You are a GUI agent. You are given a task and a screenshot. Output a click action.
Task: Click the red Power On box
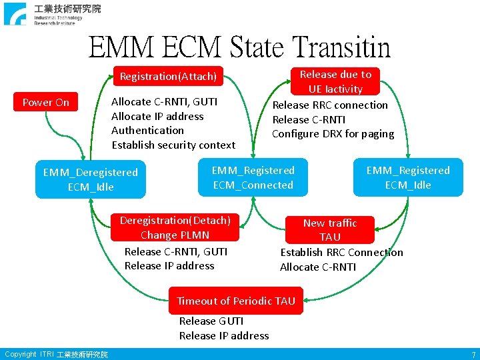(45, 103)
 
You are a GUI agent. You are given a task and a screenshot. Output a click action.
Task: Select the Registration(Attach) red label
(168, 77)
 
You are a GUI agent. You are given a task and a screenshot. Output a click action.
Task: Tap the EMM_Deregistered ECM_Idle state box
(90, 179)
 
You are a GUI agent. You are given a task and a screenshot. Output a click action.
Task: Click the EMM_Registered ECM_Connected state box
(253, 177)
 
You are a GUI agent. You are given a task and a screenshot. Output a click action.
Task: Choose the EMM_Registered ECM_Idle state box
(408, 177)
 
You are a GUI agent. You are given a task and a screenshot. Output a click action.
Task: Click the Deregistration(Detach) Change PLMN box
(175, 227)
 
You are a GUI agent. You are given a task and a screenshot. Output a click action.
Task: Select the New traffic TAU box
(330, 230)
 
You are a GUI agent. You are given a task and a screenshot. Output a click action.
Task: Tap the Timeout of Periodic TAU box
(236, 301)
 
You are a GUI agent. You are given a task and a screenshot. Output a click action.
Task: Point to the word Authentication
(147, 131)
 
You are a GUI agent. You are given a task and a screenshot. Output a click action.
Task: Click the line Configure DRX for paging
(333, 134)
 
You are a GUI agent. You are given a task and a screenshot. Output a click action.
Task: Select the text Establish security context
(173, 145)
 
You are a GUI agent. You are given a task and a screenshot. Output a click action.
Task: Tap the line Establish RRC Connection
(341, 253)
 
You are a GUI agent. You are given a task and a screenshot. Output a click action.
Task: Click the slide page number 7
(473, 355)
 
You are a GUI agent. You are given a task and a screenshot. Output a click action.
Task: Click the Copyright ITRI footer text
(56, 355)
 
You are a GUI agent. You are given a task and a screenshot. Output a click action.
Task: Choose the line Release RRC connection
(330, 105)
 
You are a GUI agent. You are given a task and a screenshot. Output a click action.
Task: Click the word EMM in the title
(119, 48)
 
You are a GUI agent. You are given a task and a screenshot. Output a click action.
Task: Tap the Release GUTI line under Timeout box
(211, 321)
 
